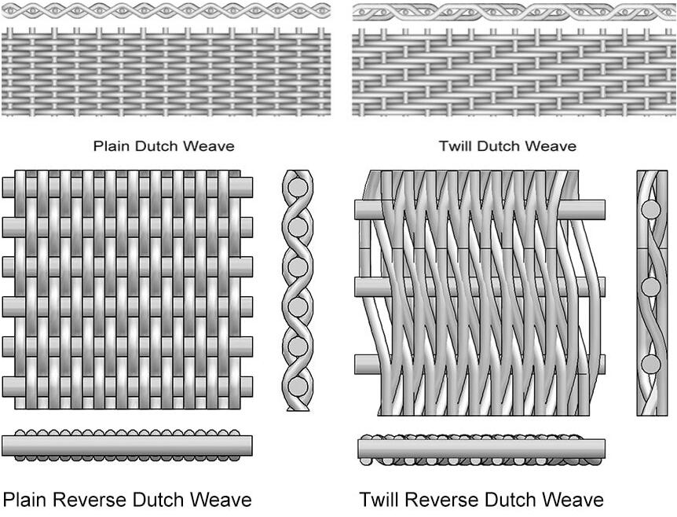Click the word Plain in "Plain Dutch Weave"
tap(112, 146)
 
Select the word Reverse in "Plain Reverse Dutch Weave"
tap(90, 500)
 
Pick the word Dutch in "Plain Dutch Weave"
tap(156, 146)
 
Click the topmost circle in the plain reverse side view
tap(298, 188)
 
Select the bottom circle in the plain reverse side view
tap(298, 387)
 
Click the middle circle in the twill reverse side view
tap(650, 287)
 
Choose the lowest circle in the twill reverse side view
tap(650, 365)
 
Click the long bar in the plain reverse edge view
tap(127, 445)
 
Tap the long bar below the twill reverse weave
tap(481, 449)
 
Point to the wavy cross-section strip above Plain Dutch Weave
tap(166, 10)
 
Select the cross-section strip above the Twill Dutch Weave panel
tap(514, 12)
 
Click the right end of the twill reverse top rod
tap(604, 210)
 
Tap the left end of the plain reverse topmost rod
tap(3, 188)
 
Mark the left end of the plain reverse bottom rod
tap(3, 387)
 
